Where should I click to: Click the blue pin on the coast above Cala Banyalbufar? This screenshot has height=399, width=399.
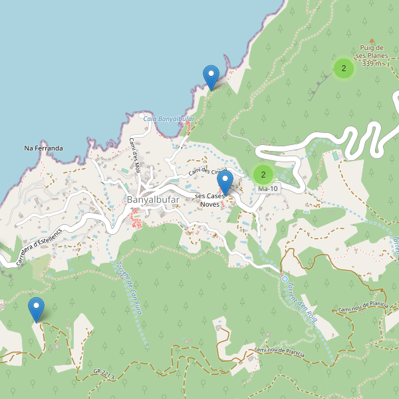coord(211,77)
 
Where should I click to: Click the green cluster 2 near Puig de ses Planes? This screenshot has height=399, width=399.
coord(343,68)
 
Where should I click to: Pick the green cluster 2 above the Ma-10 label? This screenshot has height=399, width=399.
coord(263,175)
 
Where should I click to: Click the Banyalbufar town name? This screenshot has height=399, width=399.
coord(152,199)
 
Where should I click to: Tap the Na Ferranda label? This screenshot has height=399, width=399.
coord(43,148)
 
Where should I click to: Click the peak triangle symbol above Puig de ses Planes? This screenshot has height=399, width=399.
coord(372,40)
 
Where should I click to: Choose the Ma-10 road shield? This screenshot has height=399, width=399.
coord(268,189)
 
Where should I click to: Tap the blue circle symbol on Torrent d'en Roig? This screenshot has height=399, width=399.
coord(284,279)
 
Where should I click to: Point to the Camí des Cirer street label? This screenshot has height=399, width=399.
coord(207,172)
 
